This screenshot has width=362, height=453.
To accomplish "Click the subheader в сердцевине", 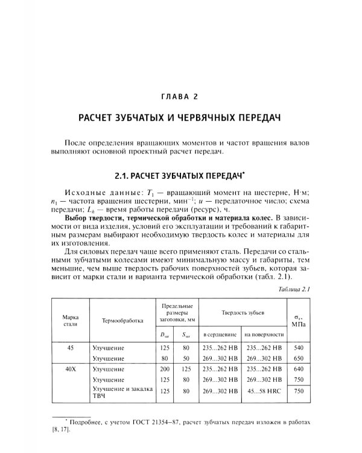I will point(219,334).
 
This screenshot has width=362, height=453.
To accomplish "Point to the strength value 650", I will point(297,358).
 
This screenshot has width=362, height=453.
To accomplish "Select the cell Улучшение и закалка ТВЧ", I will point(121,392).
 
